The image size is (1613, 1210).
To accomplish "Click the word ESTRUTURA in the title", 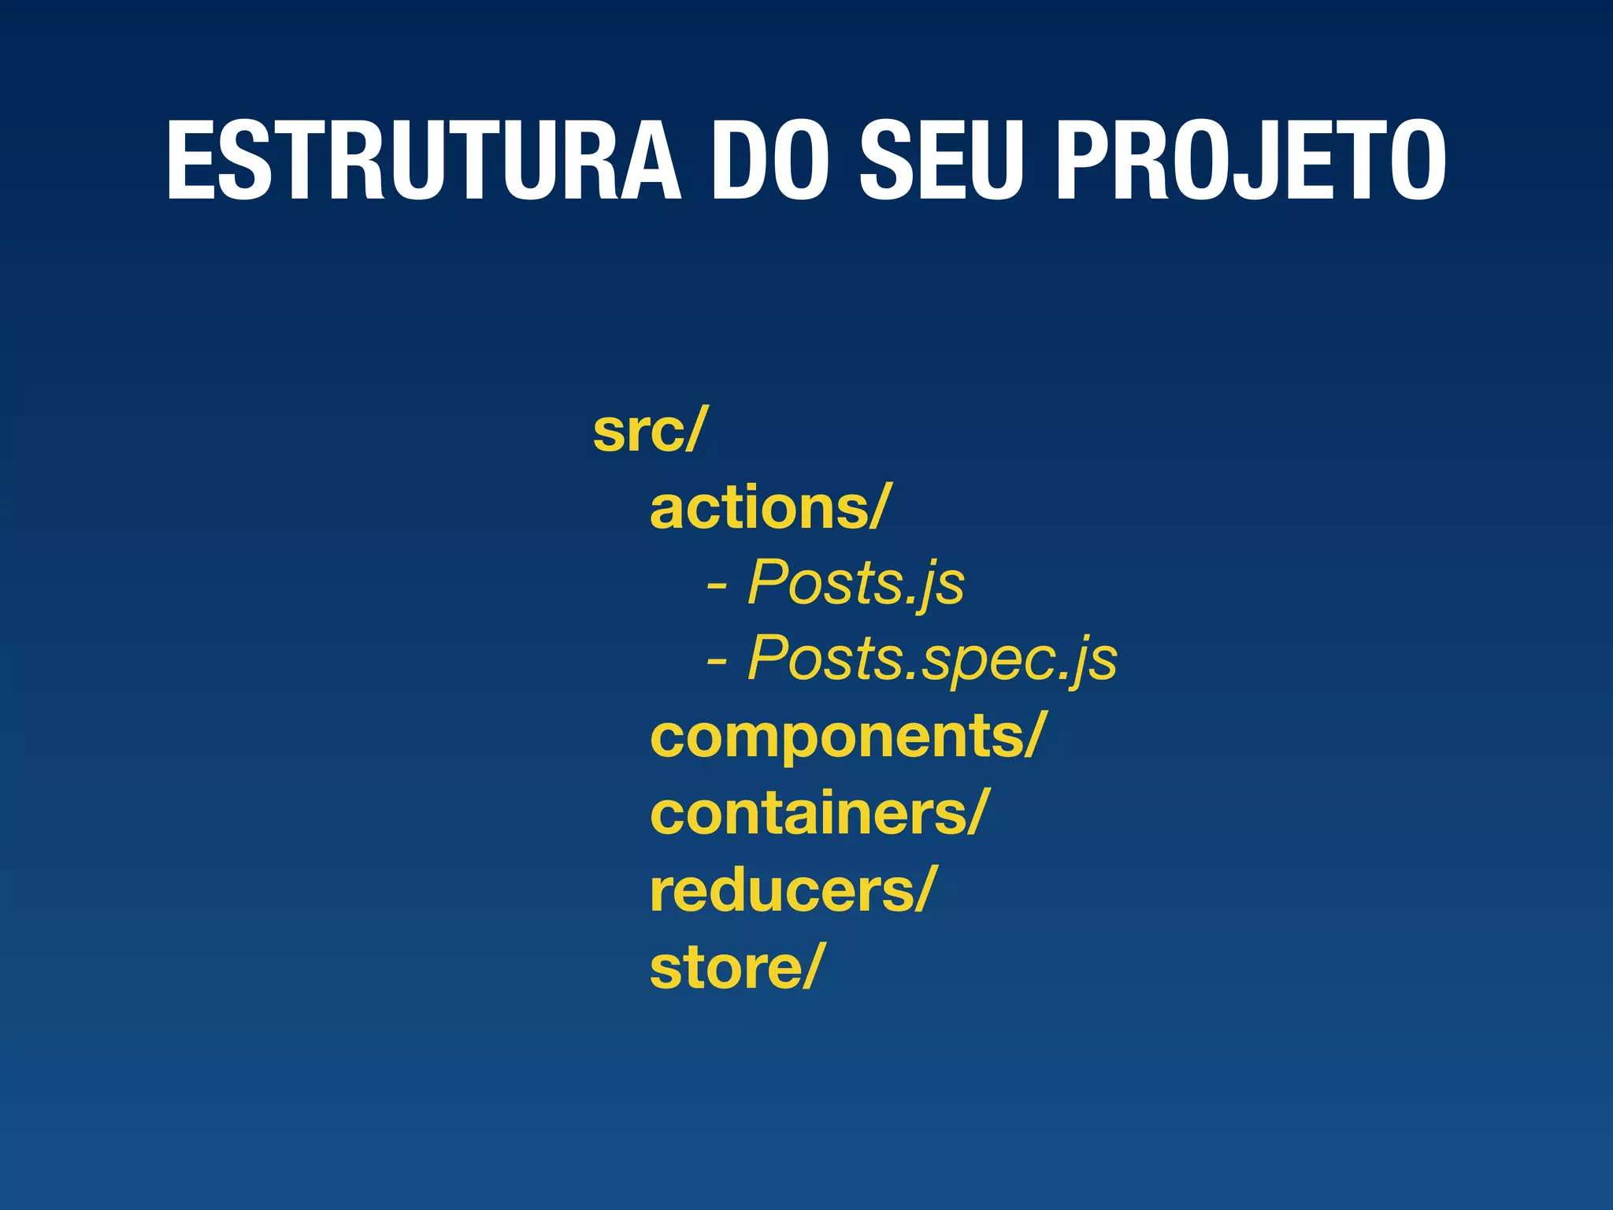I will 423,161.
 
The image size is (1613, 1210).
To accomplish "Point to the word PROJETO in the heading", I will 1251,161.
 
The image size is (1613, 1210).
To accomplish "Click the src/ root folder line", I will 651,431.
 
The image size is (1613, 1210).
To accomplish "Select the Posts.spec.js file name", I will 933,659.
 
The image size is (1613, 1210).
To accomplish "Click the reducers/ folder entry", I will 792,890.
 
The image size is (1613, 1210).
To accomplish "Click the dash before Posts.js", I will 717,587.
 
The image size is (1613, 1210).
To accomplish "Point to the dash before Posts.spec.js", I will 717,663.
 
